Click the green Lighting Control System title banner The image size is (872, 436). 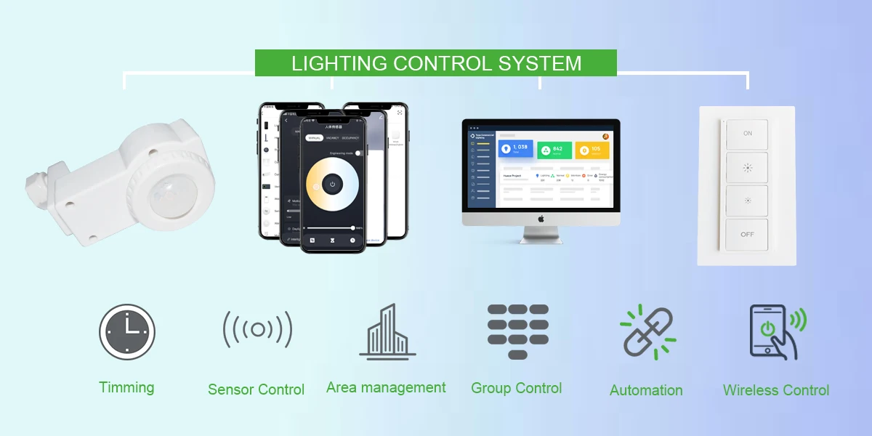[x=436, y=63]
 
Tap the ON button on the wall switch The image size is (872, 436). [x=747, y=134]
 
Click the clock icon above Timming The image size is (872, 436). [x=127, y=331]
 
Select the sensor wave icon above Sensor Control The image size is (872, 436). [x=257, y=330]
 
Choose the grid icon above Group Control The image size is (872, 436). [x=517, y=331]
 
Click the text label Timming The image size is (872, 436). [x=126, y=387]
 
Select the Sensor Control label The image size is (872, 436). [x=256, y=389]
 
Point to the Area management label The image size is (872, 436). [x=386, y=387]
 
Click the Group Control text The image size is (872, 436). [x=516, y=388]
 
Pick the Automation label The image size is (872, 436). [x=646, y=390]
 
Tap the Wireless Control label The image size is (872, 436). [x=775, y=390]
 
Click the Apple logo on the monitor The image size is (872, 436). [x=541, y=218]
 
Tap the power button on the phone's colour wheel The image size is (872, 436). [x=332, y=185]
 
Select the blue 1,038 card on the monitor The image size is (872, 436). [x=515, y=149]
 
